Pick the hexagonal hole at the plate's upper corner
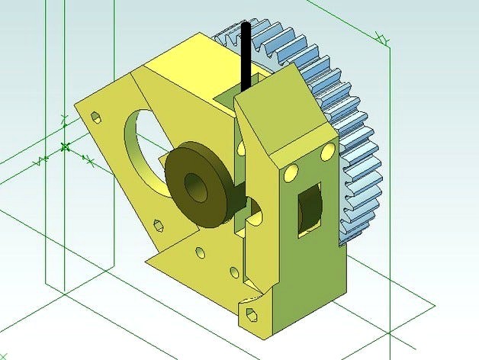[x=96, y=117]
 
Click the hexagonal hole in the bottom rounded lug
[x=249, y=313]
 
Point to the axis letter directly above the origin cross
[x=65, y=120]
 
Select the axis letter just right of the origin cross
[x=89, y=161]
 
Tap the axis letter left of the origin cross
[x=42, y=161]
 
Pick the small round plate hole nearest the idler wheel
[x=200, y=251]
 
